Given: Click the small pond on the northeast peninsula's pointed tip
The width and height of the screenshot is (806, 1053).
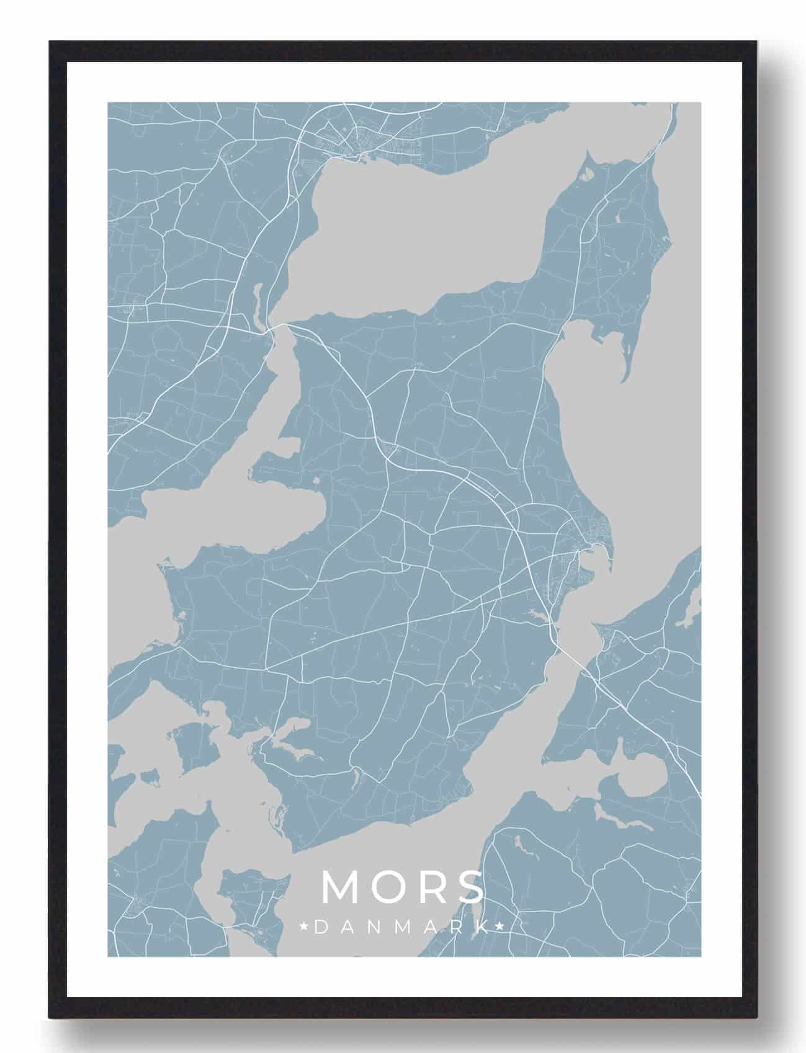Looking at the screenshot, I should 588,172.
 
